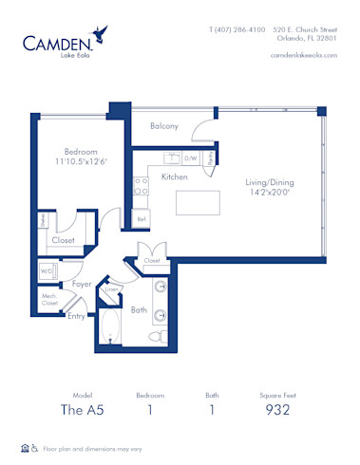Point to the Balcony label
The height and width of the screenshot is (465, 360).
(x=164, y=125)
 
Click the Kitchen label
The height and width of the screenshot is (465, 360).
(x=175, y=177)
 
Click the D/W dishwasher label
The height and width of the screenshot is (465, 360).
(x=190, y=158)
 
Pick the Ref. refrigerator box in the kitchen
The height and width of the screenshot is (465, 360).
(x=142, y=219)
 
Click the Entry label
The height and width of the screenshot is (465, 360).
(x=75, y=316)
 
